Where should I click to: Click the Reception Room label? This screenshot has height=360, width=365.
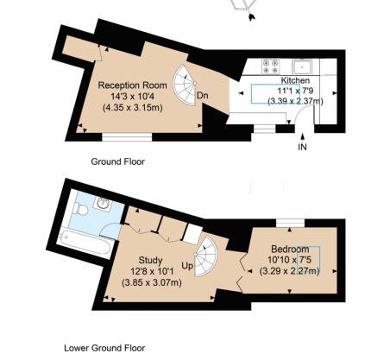coord(132,85)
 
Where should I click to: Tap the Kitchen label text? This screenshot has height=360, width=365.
coord(295,80)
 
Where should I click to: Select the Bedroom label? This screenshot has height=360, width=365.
coord(290,249)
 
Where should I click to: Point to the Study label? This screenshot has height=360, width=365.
coord(150,261)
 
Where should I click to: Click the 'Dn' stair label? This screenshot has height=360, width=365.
coord(203,96)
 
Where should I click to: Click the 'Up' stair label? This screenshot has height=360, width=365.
coord(187,266)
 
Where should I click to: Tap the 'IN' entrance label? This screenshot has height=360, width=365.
coord(302,147)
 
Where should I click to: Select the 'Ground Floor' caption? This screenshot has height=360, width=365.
coord(118,161)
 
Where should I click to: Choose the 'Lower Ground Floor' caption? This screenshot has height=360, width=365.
coord(104,348)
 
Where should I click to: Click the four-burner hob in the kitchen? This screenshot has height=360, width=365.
coord(270,66)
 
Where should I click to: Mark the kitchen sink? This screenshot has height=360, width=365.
coord(302,66)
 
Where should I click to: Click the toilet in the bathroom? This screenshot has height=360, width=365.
coord(80,209)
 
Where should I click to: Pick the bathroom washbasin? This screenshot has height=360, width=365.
coord(103,203)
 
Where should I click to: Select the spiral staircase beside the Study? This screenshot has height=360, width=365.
coord(205,256)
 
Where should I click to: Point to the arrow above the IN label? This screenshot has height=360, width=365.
coord(302,137)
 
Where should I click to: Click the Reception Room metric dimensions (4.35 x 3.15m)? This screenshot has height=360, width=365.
coord(133,108)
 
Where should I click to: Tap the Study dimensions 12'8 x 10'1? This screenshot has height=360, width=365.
coord(152,271)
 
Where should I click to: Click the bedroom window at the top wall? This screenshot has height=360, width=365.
coord(290,224)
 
